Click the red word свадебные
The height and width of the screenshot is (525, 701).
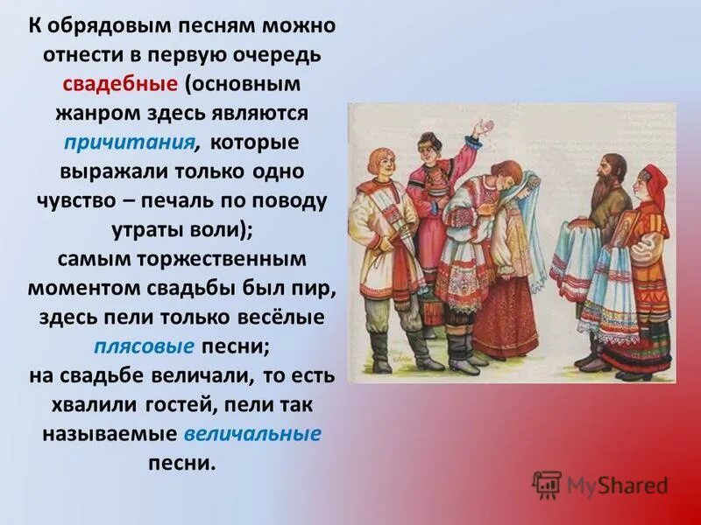click(120, 85)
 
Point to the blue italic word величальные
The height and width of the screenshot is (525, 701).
click(253, 433)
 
